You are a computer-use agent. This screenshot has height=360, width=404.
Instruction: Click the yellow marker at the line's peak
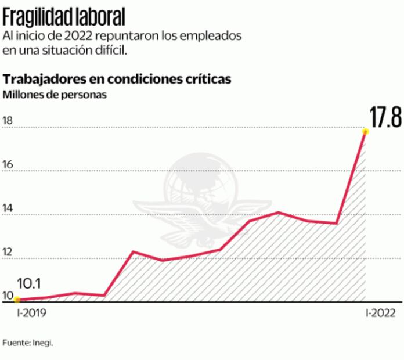click(x=365, y=132)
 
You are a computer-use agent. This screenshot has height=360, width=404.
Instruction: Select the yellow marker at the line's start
click(x=17, y=300)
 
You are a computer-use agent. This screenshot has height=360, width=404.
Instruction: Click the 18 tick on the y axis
click(x=8, y=120)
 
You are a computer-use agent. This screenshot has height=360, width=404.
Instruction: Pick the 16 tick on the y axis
click(x=8, y=164)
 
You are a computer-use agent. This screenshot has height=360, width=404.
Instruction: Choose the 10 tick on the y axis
click(x=8, y=295)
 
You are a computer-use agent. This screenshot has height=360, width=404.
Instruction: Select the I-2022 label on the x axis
click(x=380, y=314)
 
